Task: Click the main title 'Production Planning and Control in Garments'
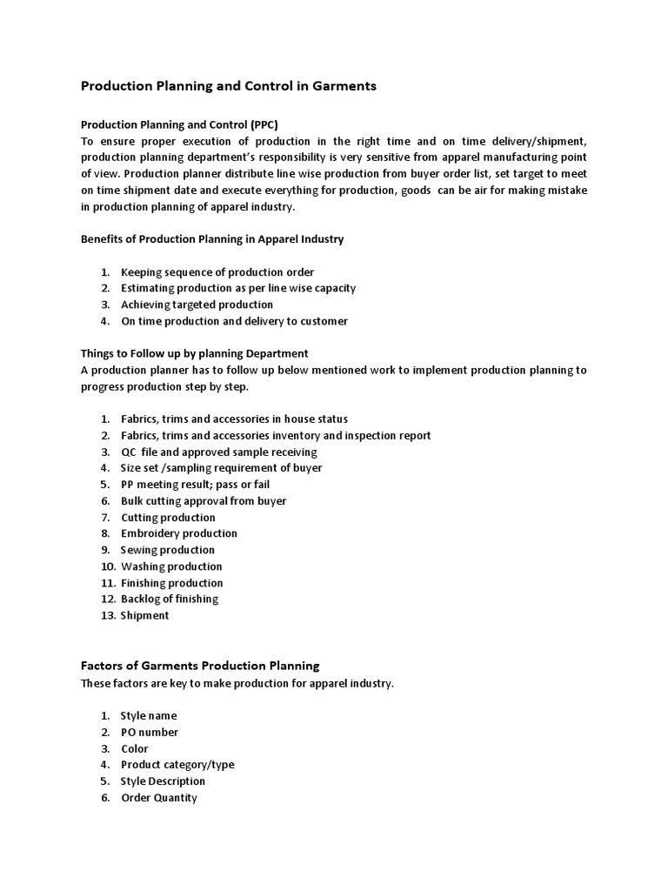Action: pyautogui.click(x=229, y=87)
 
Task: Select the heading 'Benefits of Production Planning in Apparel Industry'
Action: pyautogui.click(x=212, y=239)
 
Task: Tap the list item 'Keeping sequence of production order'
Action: pyautogui.click(x=217, y=272)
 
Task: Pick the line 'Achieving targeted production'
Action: pyautogui.click(x=197, y=305)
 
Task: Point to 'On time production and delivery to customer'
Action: pyautogui.click(x=234, y=321)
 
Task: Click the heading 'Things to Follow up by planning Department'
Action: pyautogui.click(x=195, y=353)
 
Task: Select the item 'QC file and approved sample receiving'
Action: pyautogui.click(x=219, y=452)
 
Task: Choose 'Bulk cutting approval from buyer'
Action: pyautogui.click(x=204, y=501)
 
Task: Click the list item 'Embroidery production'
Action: pyautogui.click(x=179, y=533)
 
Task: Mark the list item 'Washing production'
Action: pyautogui.click(x=171, y=566)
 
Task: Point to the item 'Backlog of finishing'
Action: pyautogui.click(x=170, y=599)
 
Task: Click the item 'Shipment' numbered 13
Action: pyautogui.click(x=144, y=615)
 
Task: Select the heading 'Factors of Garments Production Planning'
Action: pyautogui.click(x=200, y=666)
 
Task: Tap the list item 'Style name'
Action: pyautogui.click(x=149, y=716)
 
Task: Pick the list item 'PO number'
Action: pyautogui.click(x=150, y=733)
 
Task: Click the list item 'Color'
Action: pyautogui.click(x=135, y=748)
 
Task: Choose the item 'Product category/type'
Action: pyautogui.click(x=177, y=765)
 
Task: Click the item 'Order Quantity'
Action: pyautogui.click(x=159, y=798)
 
